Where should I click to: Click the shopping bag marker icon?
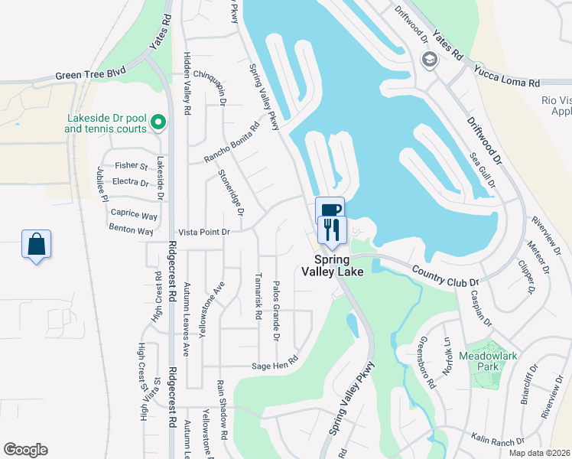coord(36,245)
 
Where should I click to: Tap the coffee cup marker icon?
coord(330,210)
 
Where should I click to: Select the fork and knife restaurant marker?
coord(332,229)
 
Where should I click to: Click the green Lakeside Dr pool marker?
coord(158,122)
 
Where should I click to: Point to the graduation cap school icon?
coord(430,60)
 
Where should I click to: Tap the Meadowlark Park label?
coord(489,361)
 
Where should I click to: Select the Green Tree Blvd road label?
coord(90,76)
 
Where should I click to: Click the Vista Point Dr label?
coord(203,232)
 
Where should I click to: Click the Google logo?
coord(25,450)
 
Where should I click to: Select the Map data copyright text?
coord(540,453)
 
